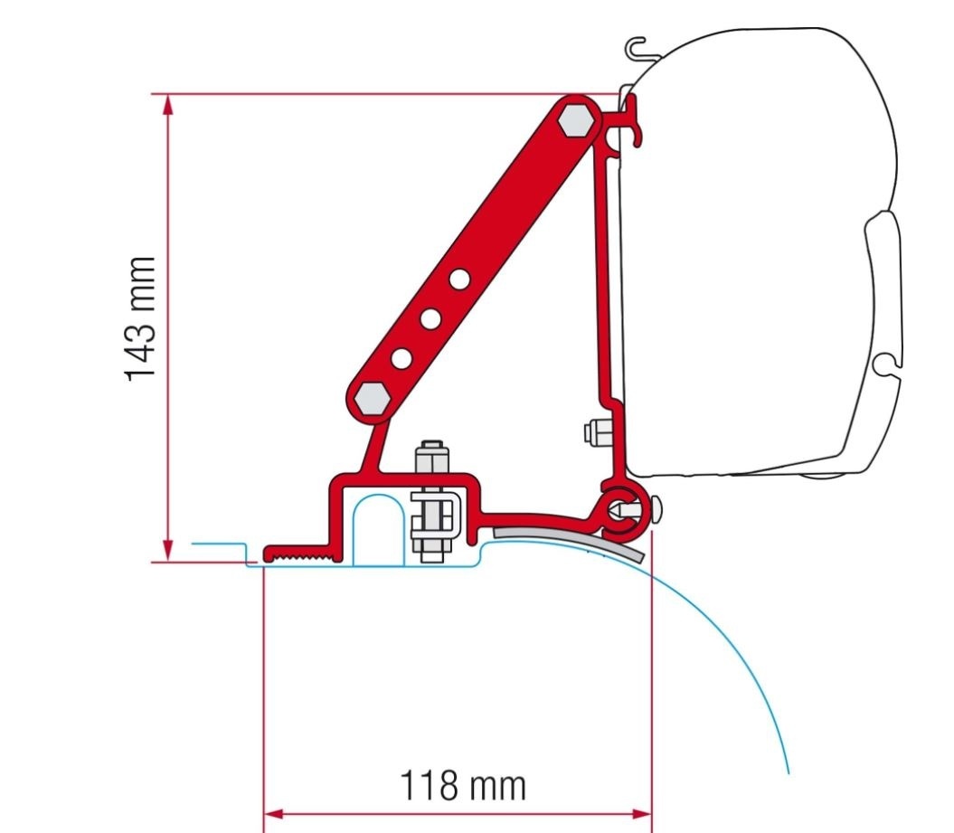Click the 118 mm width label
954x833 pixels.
click(462, 785)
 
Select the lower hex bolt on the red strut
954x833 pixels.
click(372, 396)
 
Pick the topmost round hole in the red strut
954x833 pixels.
click(459, 279)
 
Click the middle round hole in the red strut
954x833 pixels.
click(430, 318)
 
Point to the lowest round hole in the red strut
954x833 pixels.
click(400, 358)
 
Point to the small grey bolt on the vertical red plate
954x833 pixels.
click(596, 432)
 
